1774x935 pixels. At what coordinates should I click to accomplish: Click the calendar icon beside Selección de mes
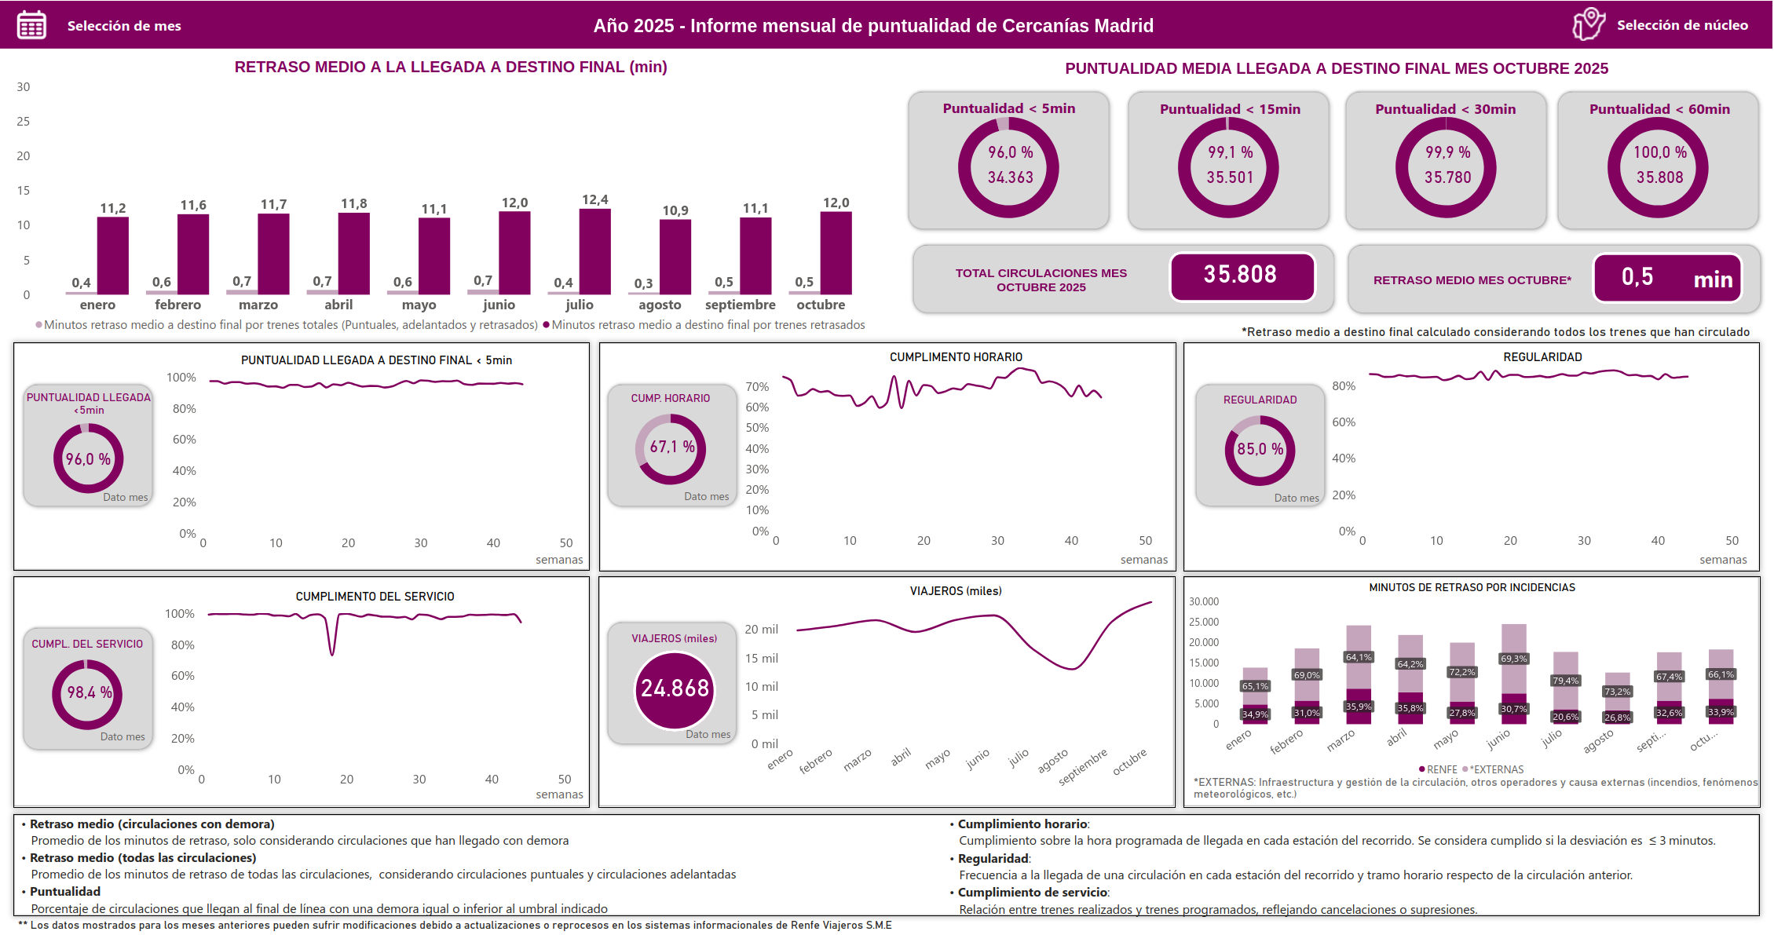31,25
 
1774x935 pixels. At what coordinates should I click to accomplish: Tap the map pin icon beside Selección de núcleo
1588,24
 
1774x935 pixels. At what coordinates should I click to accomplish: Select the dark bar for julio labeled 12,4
594,251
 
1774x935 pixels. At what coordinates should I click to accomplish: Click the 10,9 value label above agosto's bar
675,210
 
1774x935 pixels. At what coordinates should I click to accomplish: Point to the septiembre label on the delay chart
740,305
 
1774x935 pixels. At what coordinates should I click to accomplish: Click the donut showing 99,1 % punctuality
1228,166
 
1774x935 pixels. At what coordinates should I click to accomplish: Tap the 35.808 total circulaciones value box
1241,275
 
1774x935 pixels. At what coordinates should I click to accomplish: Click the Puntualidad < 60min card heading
1659,109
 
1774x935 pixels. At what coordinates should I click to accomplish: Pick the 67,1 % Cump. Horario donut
671,448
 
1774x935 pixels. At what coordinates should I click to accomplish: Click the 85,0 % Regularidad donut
1260,450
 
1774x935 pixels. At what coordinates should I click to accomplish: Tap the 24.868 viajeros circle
674,689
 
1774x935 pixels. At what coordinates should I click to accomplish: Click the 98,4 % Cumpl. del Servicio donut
87,693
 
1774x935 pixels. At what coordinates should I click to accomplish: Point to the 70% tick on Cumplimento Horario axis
757,387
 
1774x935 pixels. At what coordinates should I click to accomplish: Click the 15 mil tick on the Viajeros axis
761,659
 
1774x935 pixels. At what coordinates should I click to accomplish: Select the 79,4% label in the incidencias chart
1565,681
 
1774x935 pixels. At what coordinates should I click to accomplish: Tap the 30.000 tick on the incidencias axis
1203,602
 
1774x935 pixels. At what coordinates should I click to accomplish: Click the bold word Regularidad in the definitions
993,859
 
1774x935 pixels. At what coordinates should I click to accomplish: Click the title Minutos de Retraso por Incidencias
1471,587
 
